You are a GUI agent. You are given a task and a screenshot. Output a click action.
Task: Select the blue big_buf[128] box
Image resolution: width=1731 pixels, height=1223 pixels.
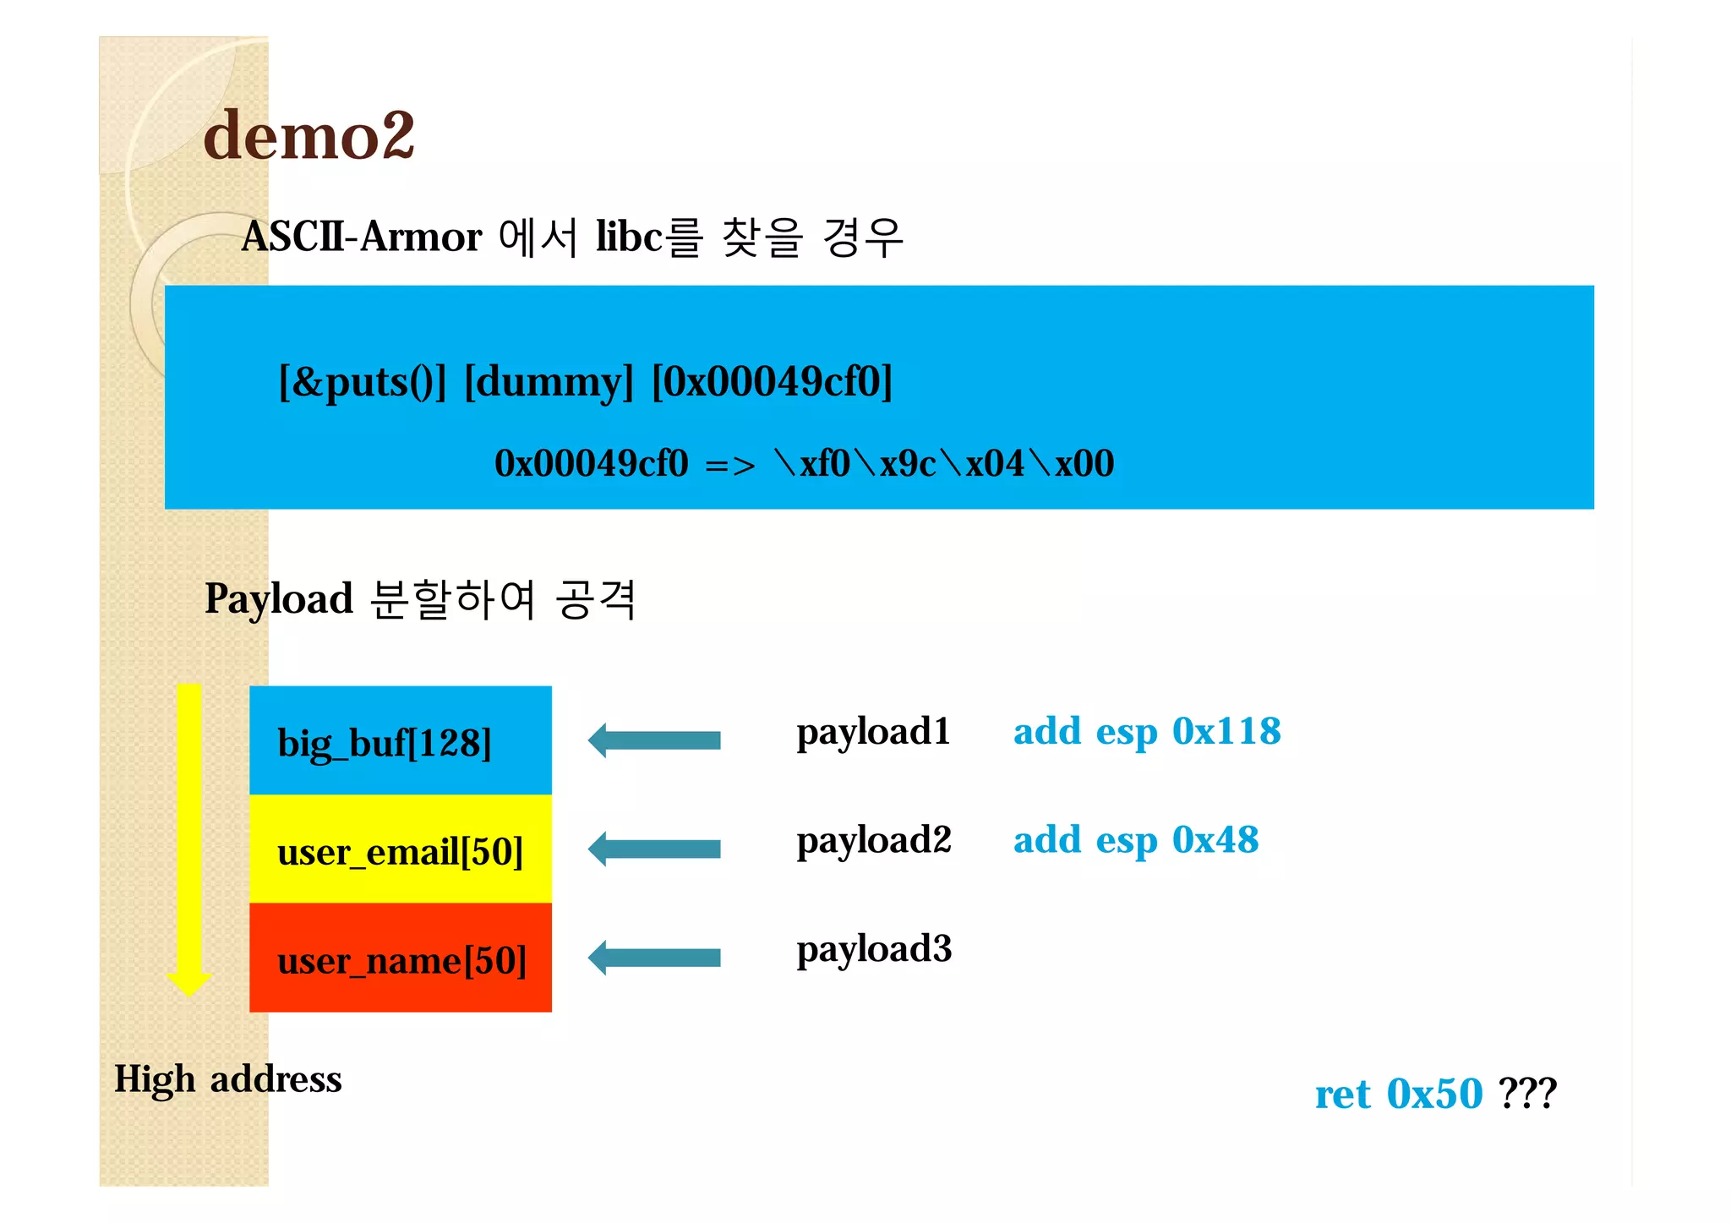400,740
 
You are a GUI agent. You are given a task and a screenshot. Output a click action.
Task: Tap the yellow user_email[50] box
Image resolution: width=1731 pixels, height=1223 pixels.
400,849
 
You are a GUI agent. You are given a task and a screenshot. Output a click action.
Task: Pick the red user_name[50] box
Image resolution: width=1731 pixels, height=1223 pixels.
400,958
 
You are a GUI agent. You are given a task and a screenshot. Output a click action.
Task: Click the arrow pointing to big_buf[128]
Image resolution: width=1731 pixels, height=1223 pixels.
654,740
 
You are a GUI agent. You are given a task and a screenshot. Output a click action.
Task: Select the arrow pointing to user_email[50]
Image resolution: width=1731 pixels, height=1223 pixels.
654,849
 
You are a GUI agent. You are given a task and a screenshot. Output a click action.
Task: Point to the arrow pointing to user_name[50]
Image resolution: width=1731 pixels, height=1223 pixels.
654,958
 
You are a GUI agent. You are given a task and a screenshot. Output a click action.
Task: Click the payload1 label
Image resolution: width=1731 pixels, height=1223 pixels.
873,732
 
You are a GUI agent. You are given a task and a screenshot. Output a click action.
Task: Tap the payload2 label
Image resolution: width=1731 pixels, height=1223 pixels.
874,840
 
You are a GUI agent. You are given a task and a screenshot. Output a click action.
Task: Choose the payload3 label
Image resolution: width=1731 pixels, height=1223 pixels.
874,949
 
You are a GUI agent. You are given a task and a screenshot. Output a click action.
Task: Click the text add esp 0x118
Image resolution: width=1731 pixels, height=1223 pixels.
1147,732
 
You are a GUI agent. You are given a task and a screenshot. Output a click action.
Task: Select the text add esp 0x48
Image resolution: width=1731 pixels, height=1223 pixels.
1136,840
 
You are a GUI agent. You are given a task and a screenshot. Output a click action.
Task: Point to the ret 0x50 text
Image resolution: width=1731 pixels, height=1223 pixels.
1399,1094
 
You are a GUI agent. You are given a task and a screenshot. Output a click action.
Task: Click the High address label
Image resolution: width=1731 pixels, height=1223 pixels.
228,1079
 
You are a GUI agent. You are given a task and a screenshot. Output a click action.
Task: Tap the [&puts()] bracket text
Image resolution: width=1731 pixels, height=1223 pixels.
362,382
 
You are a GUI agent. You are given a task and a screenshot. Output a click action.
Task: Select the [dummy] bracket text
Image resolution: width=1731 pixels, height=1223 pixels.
549,382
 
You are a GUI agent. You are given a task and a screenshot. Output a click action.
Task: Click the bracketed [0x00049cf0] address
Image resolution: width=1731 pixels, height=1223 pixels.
772,382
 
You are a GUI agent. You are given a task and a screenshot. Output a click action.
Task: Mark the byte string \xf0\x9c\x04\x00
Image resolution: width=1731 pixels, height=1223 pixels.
944,464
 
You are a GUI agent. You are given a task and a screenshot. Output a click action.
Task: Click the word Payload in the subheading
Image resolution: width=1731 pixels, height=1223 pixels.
279,599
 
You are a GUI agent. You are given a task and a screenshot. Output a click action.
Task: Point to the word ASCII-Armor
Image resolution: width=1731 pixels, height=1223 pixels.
362,237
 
